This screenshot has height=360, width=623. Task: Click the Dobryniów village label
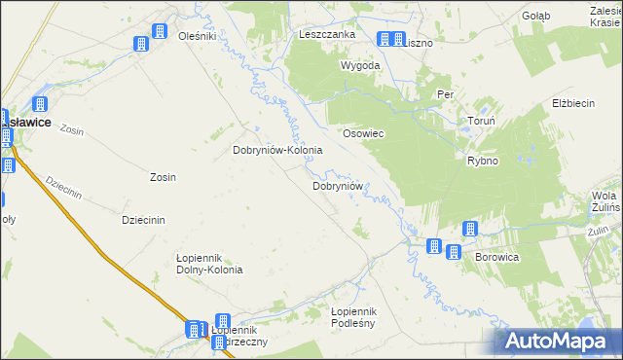[338, 185]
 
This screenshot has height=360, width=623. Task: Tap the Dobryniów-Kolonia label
[277, 151]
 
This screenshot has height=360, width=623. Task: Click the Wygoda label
[359, 65]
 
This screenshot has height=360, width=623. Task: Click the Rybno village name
[483, 161]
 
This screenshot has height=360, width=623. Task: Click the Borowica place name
[496, 258]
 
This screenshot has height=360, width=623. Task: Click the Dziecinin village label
[142, 220]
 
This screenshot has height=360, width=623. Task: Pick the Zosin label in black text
[163, 177]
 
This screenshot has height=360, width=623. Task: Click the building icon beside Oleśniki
[141, 43]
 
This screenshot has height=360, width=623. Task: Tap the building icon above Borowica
[470, 229]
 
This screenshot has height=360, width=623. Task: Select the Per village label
[446, 94]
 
